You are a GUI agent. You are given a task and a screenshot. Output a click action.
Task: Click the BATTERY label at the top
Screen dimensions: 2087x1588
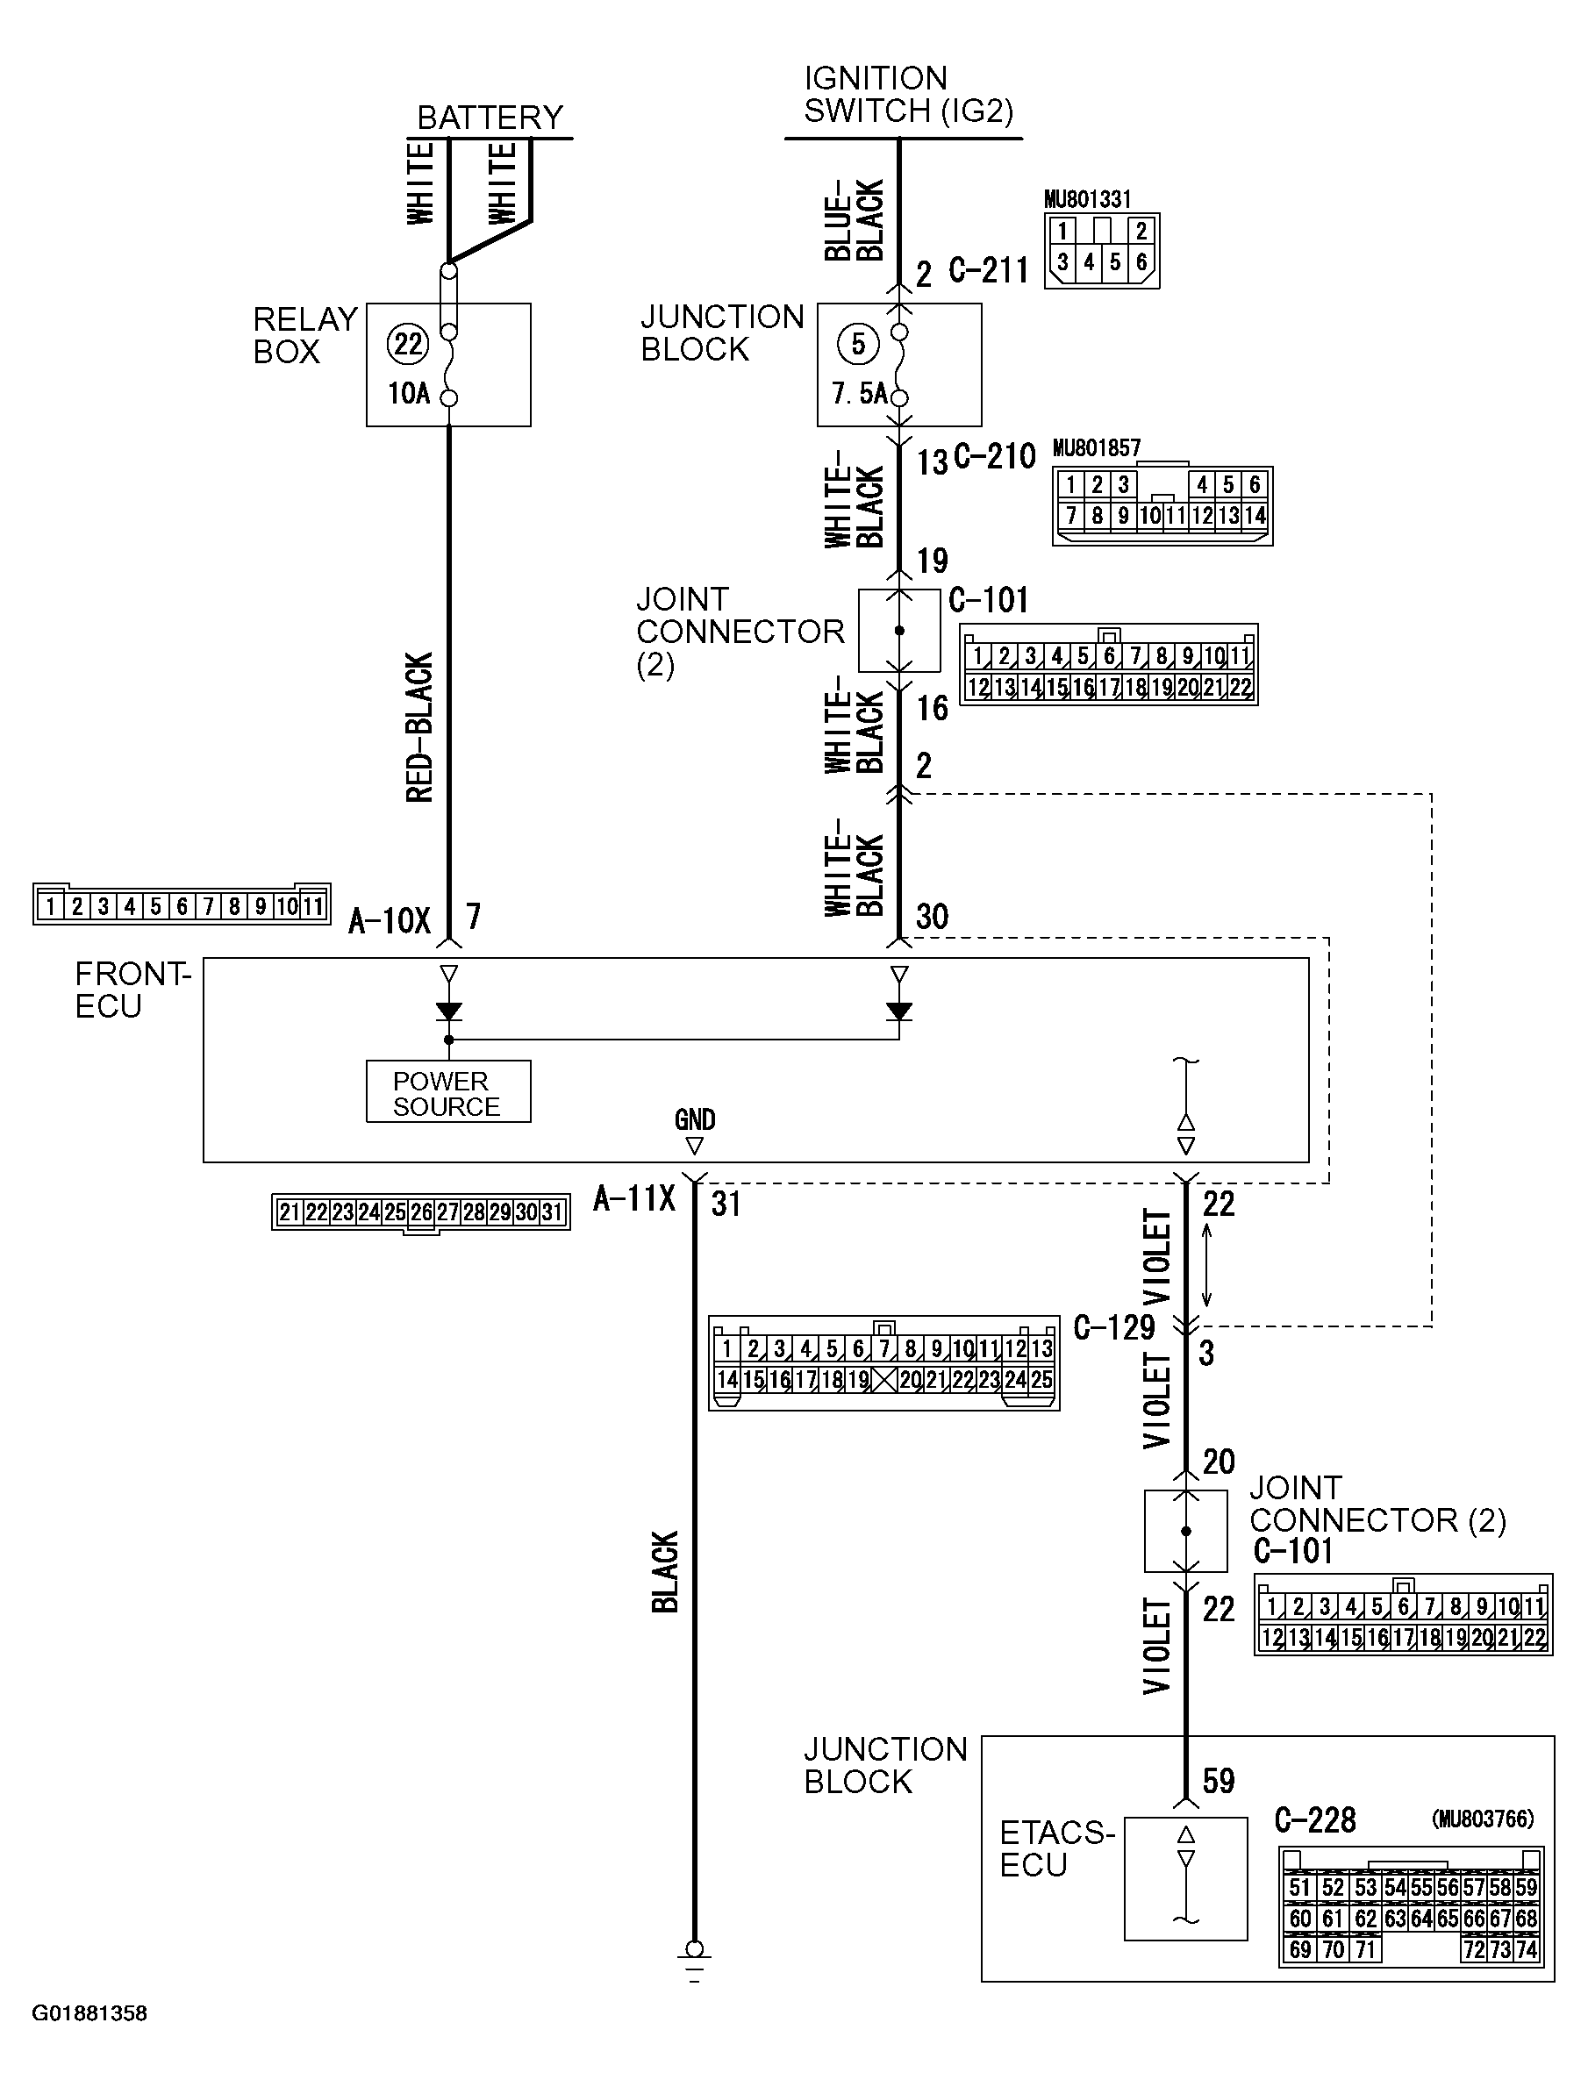pos(490,118)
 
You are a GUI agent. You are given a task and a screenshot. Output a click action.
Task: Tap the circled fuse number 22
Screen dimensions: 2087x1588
pos(407,343)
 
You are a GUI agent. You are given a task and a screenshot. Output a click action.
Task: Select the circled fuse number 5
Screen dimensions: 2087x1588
pos(857,343)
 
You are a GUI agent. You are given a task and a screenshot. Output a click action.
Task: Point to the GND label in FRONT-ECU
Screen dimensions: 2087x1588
pos(695,1120)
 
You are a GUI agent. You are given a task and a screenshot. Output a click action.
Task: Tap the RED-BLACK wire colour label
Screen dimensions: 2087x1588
pos(418,727)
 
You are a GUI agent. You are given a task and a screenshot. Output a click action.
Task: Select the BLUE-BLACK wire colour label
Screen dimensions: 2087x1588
pos(854,219)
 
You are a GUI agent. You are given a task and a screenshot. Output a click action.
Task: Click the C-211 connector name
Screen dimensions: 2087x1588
pos(988,270)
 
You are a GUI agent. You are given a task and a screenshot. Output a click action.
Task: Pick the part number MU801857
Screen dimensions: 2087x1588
pos(1097,448)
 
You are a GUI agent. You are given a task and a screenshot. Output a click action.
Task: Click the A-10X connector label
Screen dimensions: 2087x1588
pos(389,919)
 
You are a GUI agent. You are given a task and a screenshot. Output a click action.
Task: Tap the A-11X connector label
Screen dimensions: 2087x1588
pos(634,1198)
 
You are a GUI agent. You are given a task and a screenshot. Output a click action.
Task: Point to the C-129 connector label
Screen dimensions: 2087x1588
pos(1113,1327)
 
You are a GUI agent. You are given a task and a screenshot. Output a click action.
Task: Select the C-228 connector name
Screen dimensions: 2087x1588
pos(1314,1819)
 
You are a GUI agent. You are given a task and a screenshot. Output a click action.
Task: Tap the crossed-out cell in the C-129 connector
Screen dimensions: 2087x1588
pos(883,1380)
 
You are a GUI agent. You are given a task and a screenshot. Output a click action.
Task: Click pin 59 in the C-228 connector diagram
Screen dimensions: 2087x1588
pos(1526,1888)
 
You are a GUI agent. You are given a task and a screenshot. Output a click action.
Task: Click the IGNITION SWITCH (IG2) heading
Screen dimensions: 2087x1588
pos(907,95)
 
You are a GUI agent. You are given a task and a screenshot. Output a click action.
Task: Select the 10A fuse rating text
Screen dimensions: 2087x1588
pos(408,393)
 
